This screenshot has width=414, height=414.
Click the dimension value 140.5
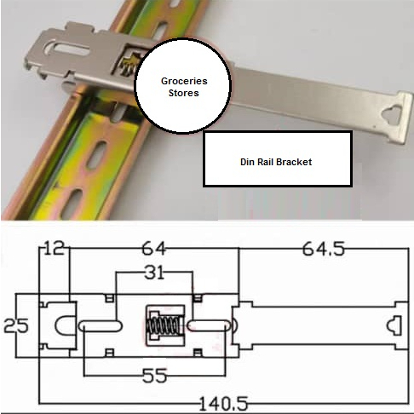click(x=223, y=404)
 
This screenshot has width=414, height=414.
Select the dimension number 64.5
click(x=324, y=249)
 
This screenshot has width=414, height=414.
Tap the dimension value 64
click(x=153, y=248)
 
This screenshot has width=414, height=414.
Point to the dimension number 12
click(x=55, y=248)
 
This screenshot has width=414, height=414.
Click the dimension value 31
click(x=154, y=273)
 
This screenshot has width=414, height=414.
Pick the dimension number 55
click(x=154, y=376)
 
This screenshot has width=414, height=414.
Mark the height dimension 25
click(x=16, y=325)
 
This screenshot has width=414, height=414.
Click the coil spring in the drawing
click(x=164, y=325)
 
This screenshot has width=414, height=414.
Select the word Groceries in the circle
click(x=184, y=81)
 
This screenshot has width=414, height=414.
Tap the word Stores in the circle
click(x=184, y=93)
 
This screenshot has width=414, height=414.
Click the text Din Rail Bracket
click(x=276, y=162)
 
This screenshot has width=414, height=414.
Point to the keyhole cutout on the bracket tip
click(x=391, y=114)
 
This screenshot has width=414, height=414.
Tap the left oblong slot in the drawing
click(x=101, y=325)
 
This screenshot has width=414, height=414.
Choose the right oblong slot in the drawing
click(x=208, y=325)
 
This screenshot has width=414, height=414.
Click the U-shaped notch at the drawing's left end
click(x=65, y=325)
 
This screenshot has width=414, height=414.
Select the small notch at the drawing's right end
click(x=394, y=325)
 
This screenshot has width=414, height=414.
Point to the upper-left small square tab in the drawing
click(x=110, y=298)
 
